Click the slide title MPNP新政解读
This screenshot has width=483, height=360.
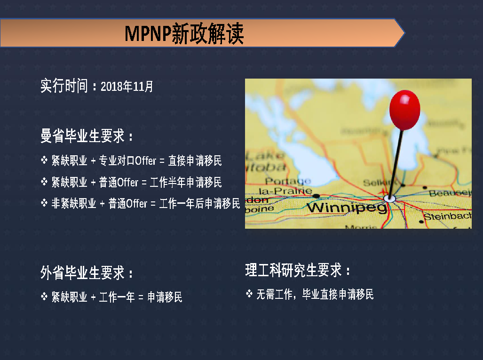click(184, 33)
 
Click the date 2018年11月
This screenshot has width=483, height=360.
click(127, 86)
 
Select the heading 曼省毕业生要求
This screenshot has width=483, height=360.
click(83, 136)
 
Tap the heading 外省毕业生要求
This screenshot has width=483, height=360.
click(83, 273)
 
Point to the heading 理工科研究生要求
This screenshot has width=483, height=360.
click(293, 270)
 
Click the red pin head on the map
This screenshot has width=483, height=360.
click(404, 110)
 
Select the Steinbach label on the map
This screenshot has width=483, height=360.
click(447, 216)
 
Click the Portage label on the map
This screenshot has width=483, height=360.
click(288, 181)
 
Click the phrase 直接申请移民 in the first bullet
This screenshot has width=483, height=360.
click(195, 160)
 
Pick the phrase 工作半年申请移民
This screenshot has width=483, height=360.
click(186, 182)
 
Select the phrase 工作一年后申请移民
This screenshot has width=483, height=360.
click(199, 203)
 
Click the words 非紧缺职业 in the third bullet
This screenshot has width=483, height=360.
click(74, 203)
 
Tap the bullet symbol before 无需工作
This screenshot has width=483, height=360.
click(249, 294)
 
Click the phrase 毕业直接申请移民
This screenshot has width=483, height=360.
click(338, 294)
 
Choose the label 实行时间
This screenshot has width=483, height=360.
click(64, 86)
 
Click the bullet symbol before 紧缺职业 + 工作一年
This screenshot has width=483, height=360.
click(44, 296)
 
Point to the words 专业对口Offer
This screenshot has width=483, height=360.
click(127, 160)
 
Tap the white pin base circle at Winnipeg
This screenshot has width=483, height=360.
click(390, 199)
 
